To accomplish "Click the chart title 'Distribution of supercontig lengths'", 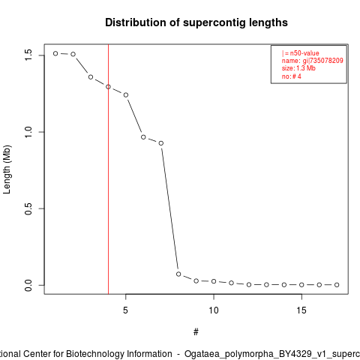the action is [x=196, y=22].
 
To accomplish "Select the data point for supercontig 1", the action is [x=55, y=53].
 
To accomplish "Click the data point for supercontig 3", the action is [x=91, y=77].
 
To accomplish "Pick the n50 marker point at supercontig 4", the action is [x=108, y=87].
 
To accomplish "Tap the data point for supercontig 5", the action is [x=126, y=95].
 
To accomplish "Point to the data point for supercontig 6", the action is [x=143, y=137].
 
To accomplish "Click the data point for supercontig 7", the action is [x=161, y=143].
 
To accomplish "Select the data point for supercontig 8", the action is [x=178, y=274].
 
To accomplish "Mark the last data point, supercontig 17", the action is [x=337, y=285].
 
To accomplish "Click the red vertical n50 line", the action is [x=108, y=169].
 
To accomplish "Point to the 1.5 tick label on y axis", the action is [x=28, y=55].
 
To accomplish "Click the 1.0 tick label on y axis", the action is [x=28, y=132].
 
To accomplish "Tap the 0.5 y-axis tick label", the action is [x=28, y=208].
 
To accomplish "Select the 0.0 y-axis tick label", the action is [x=28, y=285].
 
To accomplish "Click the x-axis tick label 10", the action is [x=214, y=310].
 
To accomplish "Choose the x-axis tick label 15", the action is [x=301, y=310].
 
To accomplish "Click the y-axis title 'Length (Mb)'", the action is [x=7, y=169].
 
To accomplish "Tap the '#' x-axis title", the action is [x=196, y=332].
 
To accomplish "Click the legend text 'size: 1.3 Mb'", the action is [x=298, y=68].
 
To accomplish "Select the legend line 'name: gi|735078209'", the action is [x=313, y=61].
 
